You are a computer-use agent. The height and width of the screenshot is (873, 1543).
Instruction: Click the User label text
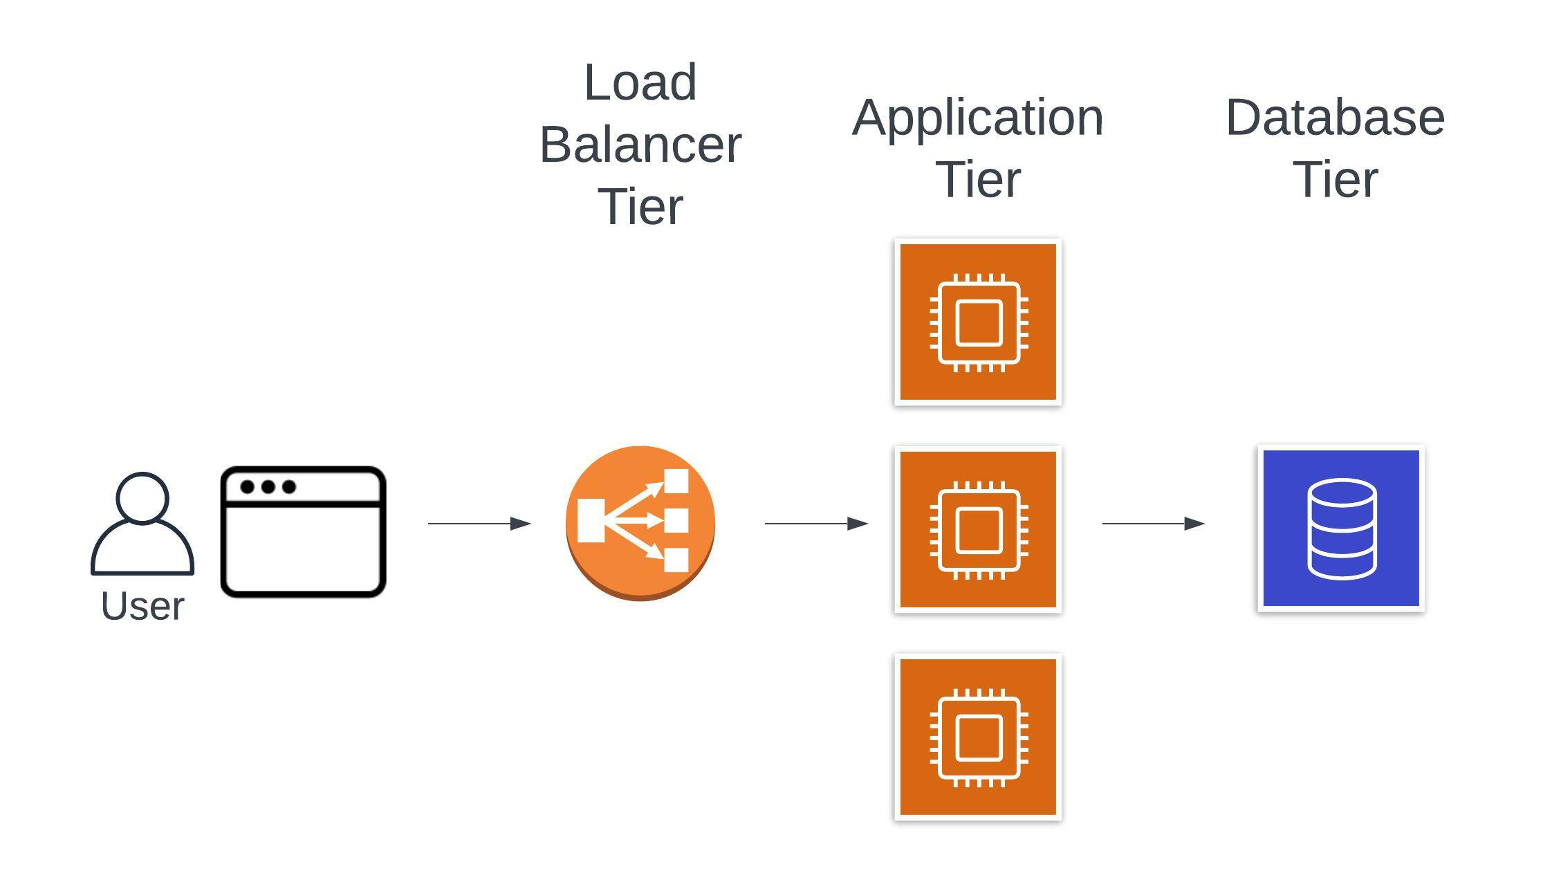142,607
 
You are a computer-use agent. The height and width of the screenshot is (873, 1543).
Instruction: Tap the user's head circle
142,497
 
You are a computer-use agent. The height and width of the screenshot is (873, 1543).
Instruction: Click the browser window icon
303,531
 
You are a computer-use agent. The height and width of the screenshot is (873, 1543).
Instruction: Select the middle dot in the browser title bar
268,487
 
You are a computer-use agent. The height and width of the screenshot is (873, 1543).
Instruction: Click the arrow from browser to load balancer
479,524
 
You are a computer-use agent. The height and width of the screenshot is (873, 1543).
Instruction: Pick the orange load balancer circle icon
640,522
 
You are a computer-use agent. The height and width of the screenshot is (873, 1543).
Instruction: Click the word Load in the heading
640,83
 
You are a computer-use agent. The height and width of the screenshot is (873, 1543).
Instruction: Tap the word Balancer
640,145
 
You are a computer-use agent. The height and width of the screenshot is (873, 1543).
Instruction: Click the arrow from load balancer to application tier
816,524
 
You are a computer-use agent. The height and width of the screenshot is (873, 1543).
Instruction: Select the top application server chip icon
978,322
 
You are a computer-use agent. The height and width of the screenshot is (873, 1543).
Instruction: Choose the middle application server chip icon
978,530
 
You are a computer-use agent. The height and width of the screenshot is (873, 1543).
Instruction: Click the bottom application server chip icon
978,737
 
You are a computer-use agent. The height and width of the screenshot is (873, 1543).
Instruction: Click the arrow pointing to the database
1153,524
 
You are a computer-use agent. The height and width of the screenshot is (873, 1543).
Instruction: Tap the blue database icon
1341,529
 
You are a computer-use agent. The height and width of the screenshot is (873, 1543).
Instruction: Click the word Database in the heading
1335,118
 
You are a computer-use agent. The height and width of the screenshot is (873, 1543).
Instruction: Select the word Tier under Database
1335,180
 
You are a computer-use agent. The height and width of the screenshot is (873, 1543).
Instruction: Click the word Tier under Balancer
640,208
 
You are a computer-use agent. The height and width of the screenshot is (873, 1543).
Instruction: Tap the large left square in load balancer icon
591,520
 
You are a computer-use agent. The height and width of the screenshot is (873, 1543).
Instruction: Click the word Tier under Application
978,180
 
